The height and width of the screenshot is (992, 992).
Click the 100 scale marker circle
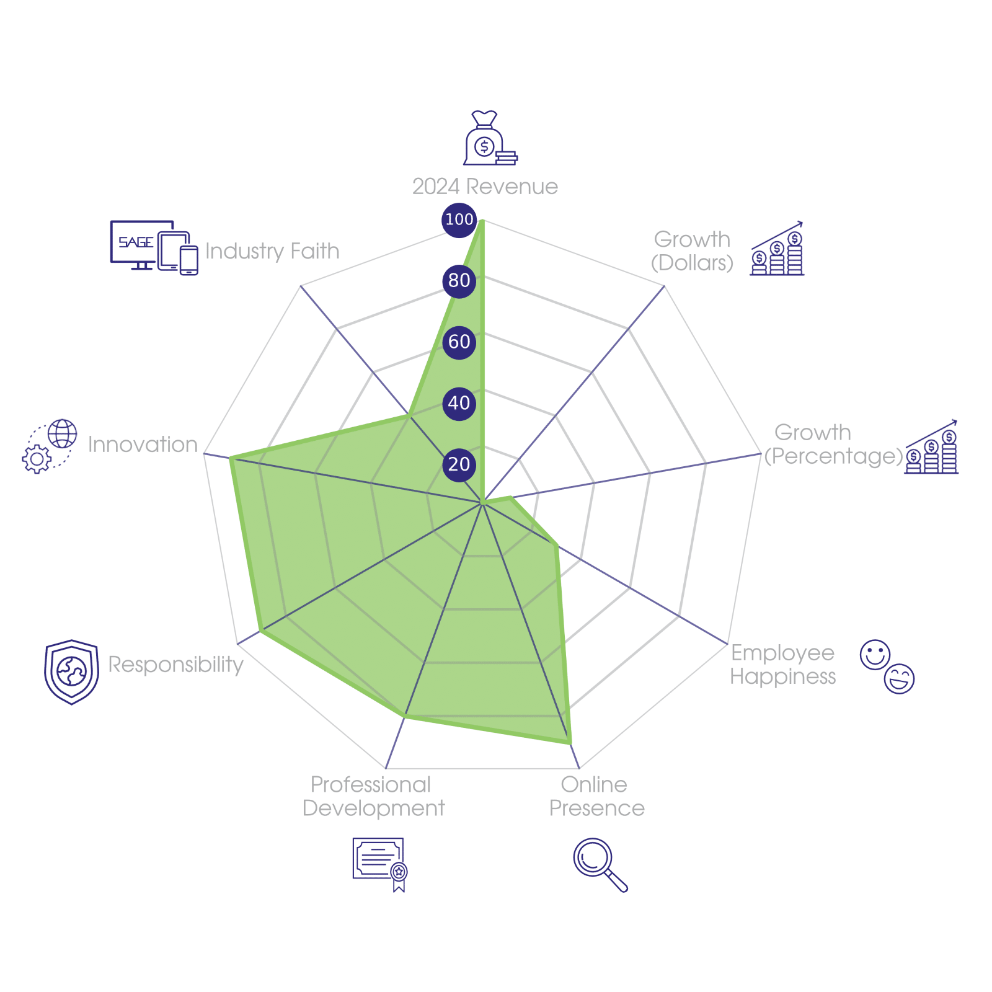459,219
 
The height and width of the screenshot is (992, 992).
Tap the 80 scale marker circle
459,280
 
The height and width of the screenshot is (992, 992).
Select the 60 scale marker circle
459,342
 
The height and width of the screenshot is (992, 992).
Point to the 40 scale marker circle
459,403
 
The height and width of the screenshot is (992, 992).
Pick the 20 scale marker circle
459,464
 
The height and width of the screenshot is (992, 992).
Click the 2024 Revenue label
485,187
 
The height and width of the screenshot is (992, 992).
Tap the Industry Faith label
272,251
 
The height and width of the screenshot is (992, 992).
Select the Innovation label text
143,445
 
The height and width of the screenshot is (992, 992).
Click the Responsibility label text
175,664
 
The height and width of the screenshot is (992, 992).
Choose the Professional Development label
373,797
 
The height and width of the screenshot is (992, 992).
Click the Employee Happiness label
783,665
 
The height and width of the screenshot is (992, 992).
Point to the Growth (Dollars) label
693,251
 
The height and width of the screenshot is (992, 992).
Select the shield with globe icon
72,671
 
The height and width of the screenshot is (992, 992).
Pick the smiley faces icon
887,666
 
